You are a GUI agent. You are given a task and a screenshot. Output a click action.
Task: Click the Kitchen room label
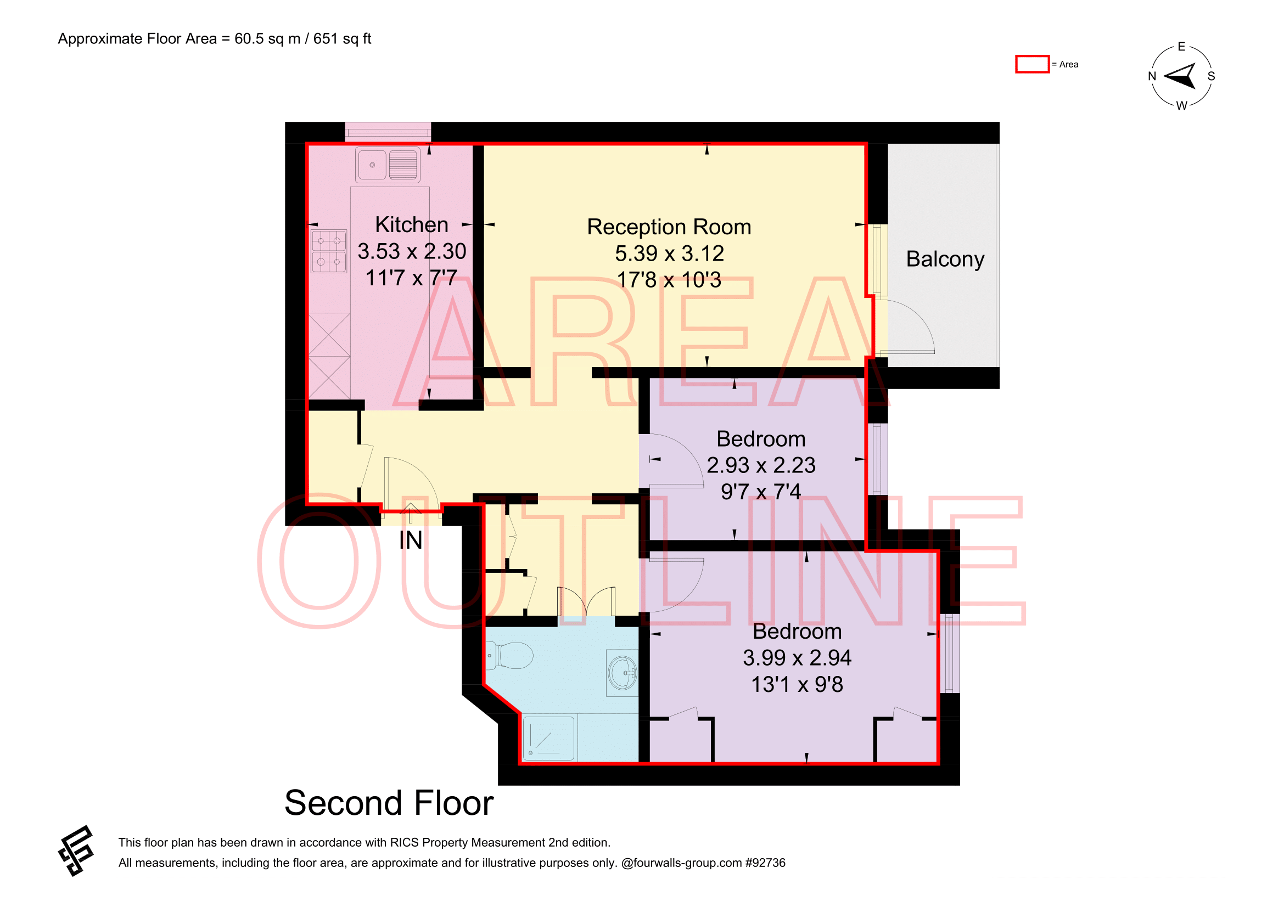[x=412, y=224]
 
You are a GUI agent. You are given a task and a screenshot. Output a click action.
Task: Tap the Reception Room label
[x=669, y=228]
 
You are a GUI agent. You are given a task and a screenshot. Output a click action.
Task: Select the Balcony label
[x=945, y=260]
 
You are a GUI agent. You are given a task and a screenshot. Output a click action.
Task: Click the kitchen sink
[x=388, y=165]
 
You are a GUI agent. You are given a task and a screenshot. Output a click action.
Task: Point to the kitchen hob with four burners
[x=329, y=251]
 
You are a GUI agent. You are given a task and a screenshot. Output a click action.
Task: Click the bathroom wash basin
[x=623, y=673]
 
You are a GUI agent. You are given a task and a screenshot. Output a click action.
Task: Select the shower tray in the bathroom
[x=548, y=738]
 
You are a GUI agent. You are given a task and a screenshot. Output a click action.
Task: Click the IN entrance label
[x=411, y=540]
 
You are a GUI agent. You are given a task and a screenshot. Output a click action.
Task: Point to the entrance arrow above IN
[x=411, y=513]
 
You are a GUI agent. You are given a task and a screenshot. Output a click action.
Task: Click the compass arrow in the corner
[x=1181, y=77]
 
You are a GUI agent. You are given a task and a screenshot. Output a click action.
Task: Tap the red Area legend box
[x=1032, y=64]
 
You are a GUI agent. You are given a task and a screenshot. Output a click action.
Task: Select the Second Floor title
[x=389, y=803]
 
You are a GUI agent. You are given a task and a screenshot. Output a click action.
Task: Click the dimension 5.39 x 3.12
[x=669, y=253]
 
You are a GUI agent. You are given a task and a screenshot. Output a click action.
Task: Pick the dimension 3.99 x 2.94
[x=797, y=658]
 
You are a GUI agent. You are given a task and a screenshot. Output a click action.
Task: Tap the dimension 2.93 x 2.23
[x=761, y=465]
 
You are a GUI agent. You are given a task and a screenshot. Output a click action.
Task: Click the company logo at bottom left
[x=76, y=850]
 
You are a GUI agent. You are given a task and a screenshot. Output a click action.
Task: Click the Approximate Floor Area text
[x=215, y=38]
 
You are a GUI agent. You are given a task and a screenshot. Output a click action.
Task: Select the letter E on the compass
[x=1182, y=47]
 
